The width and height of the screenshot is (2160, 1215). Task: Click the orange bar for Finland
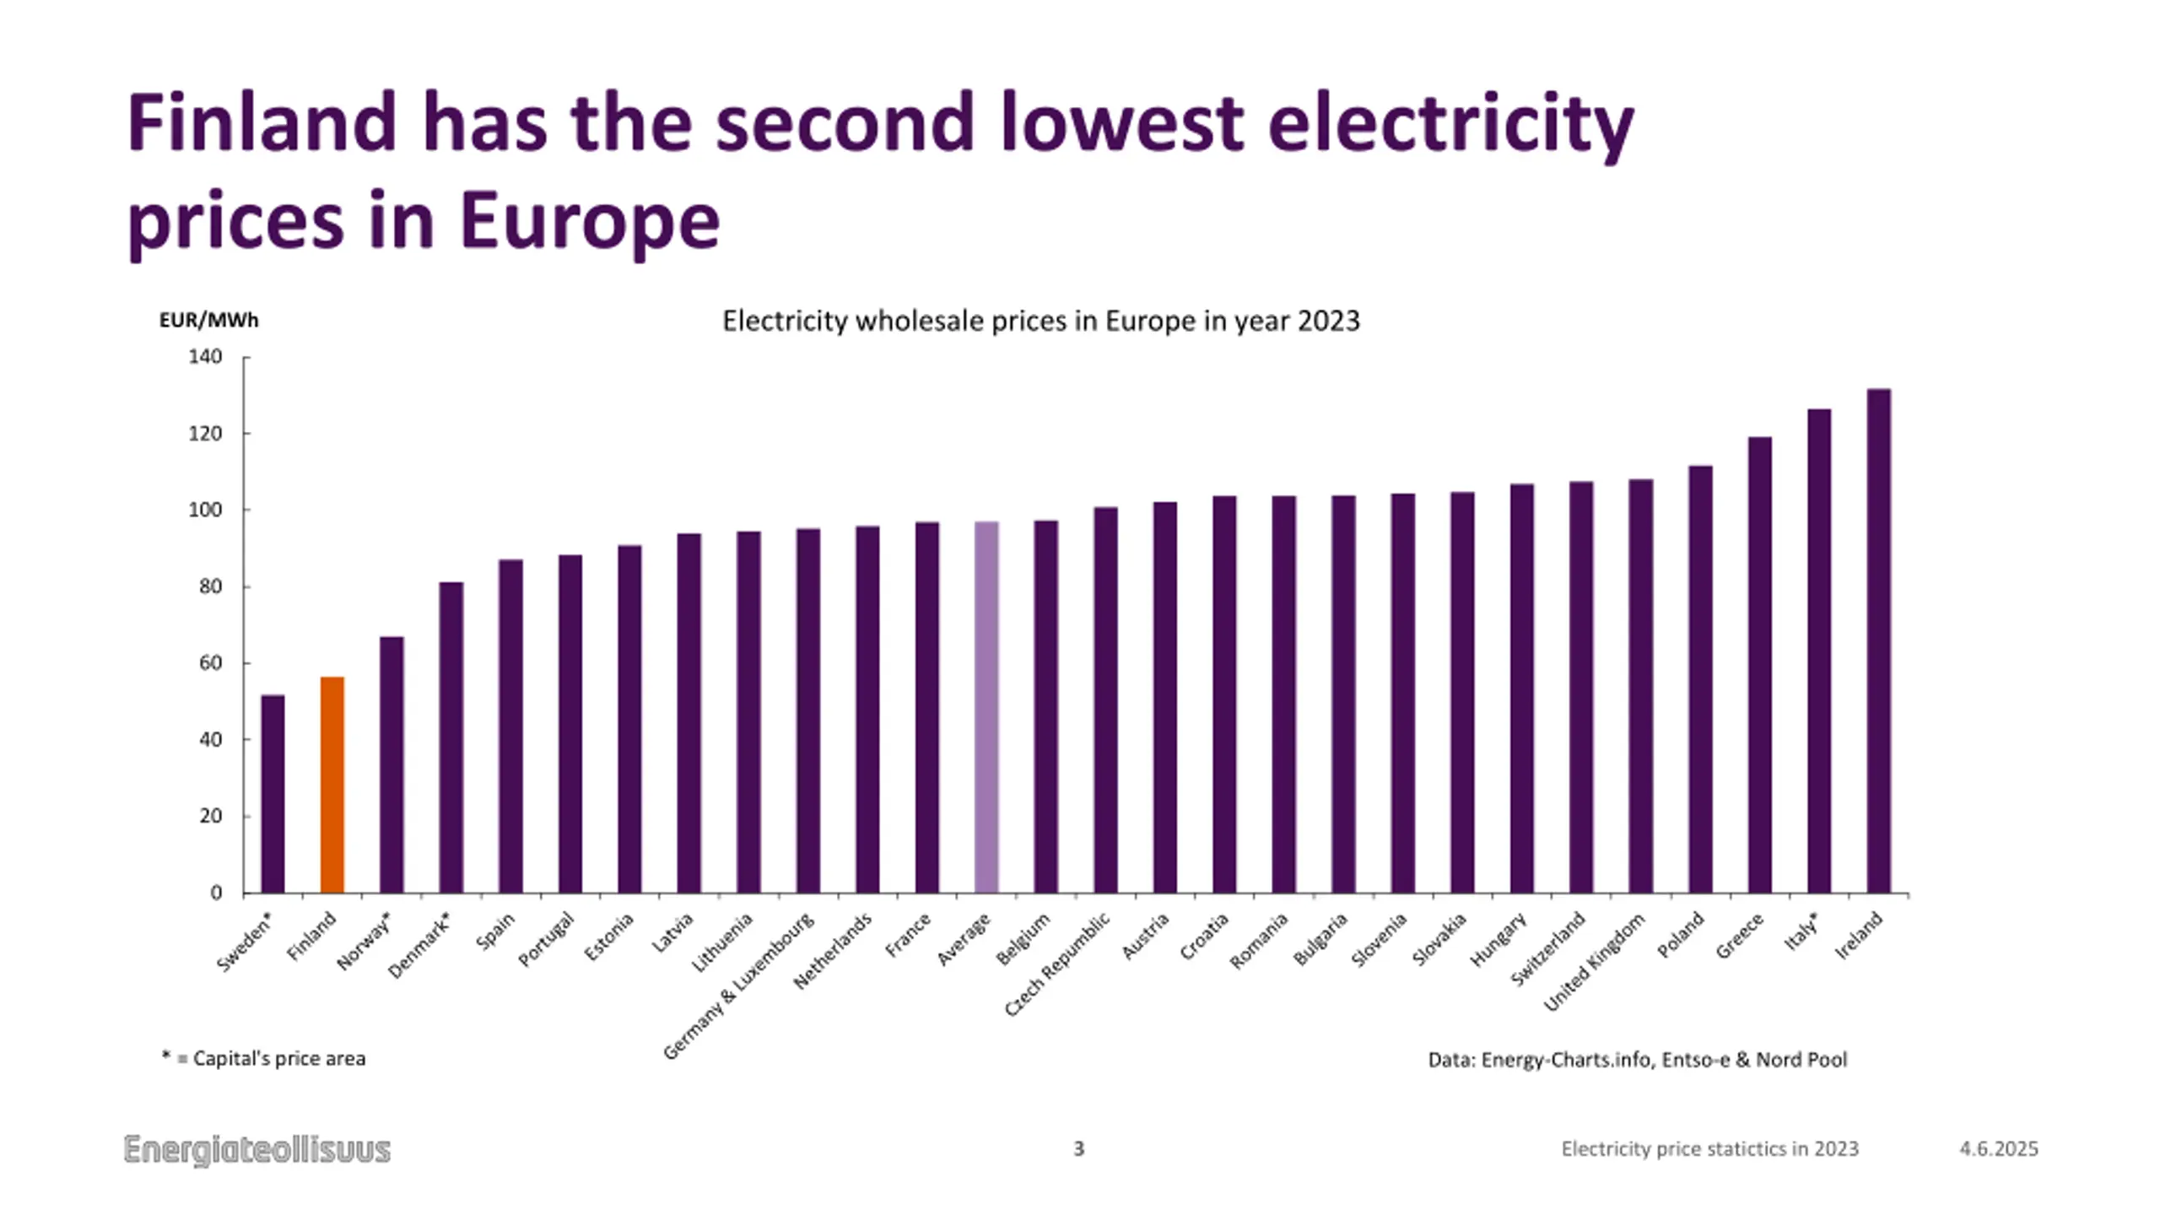tap(332, 785)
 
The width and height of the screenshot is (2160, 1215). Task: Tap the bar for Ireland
tap(1879, 641)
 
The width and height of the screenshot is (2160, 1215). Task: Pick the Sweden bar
tap(273, 793)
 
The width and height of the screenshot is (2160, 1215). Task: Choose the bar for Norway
tap(391, 764)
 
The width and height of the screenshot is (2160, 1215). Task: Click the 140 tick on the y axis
tap(205, 357)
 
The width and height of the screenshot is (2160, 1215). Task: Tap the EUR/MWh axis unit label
tap(208, 321)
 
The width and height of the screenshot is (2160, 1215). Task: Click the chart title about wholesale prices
tap(1041, 321)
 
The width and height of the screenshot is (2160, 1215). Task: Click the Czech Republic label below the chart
tap(1057, 964)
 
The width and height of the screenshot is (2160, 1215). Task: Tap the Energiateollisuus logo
tap(257, 1150)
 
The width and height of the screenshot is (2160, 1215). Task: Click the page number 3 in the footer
tap(1078, 1148)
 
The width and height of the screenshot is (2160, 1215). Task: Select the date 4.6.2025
tap(1998, 1149)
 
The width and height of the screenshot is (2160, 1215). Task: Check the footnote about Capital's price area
tap(263, 1059)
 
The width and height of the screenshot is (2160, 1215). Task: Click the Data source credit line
tap(1637, 1060)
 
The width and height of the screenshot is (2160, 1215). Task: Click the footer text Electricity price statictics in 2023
tap(1709, 1149)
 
